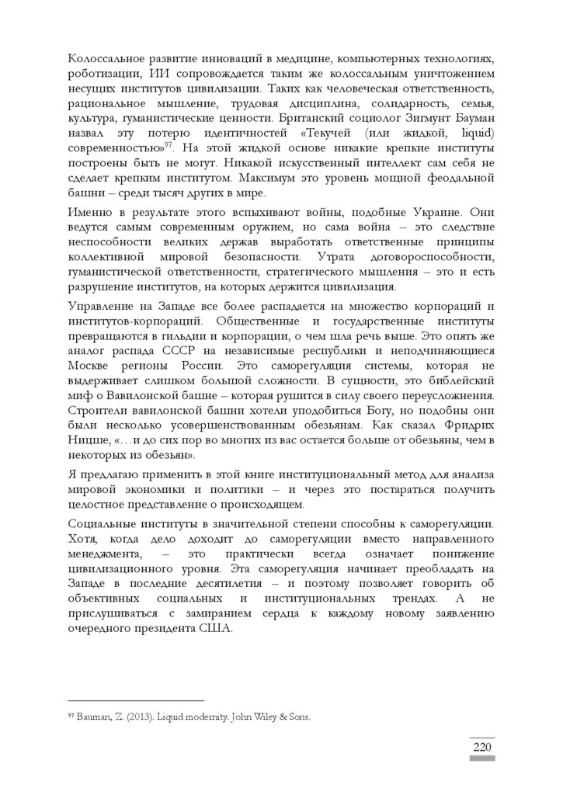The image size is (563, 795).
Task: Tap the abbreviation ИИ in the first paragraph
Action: click(x=154, y=74)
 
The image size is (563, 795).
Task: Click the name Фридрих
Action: click(x=468, y=427)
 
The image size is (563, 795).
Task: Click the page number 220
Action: click(x=482, y=747)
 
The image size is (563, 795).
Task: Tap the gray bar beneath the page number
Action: click(x=482, y=759)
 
